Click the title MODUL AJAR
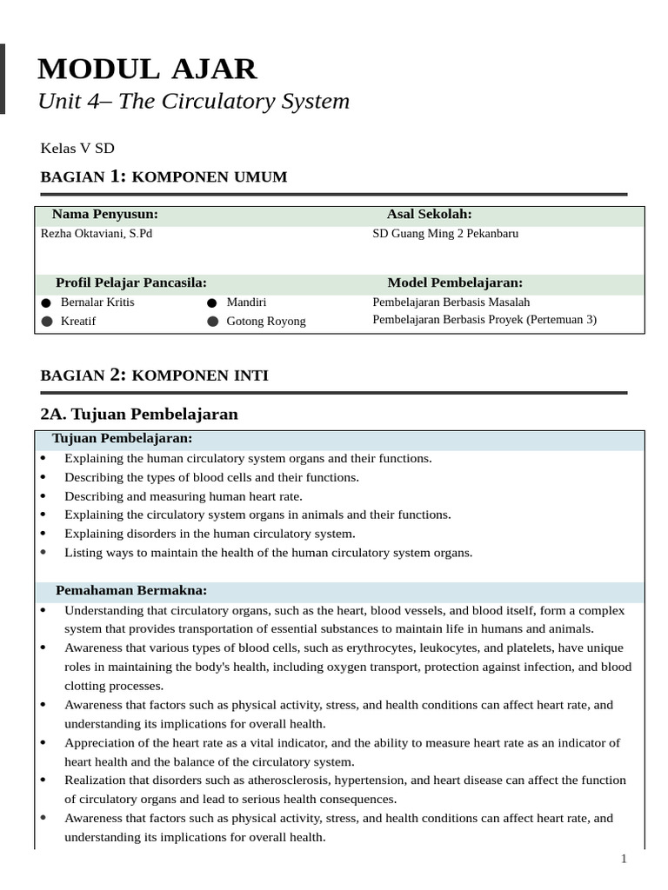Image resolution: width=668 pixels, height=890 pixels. [x=147, y=69]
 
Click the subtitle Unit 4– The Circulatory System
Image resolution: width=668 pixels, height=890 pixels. [x=193, y=102]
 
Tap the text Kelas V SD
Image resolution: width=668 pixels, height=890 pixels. [x=77, y=148]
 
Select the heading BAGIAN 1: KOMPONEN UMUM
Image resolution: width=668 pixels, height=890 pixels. [x=164, y=177]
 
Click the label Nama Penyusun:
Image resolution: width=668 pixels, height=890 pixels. [x=104, y=214]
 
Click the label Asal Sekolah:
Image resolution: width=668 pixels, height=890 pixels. [x=429, y=214]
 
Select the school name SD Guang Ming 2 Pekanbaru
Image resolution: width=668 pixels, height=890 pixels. [x=444, y=234]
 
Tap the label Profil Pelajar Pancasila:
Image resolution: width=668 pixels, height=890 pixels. [x=130, y=282]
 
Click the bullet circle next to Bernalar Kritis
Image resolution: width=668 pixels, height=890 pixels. [x=46, y=302]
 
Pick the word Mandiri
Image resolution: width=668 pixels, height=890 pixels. [x=246, y=302]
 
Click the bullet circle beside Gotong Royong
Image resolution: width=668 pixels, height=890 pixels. [x=212, y=322]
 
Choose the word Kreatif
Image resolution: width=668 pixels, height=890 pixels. [x=78, y=322]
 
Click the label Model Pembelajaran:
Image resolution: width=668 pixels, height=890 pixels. [x=455, y=282]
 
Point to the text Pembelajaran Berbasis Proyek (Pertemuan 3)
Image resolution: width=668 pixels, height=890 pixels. [x=484, y=320]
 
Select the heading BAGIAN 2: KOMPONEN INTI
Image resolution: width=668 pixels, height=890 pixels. [x=155, y=375]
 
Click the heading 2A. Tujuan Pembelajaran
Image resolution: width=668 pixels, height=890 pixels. [x=139, y=414]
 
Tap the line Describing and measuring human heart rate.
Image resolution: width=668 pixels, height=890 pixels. [x=184, y=496]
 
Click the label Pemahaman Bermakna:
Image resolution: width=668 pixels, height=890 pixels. [x=131, y=590]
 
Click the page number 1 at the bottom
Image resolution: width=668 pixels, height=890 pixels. [x=623, y=859]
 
